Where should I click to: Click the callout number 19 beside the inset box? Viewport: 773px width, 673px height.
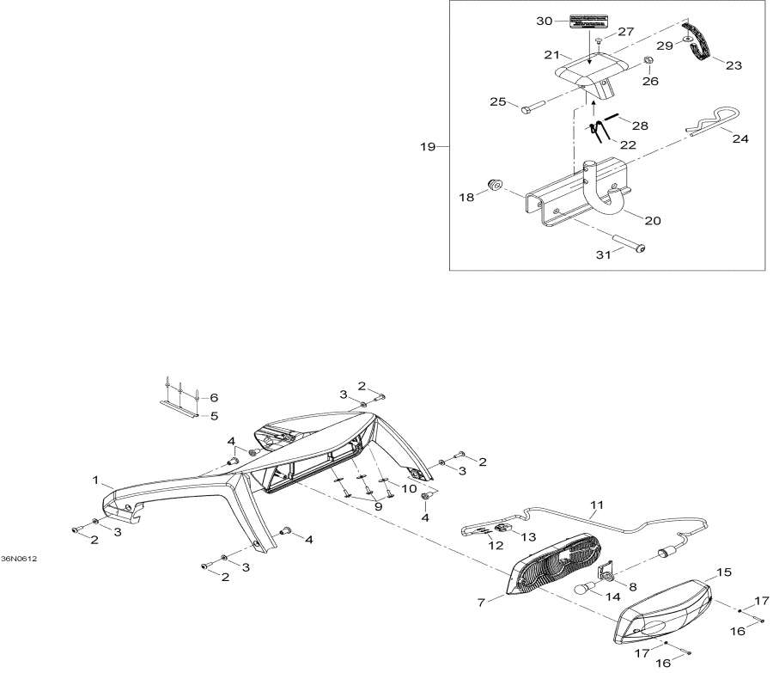(x=427, y=147)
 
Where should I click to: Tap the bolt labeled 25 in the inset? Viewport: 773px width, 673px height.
(x=528, y=108)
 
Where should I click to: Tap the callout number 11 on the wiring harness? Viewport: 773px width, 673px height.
(x=596, y=505)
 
